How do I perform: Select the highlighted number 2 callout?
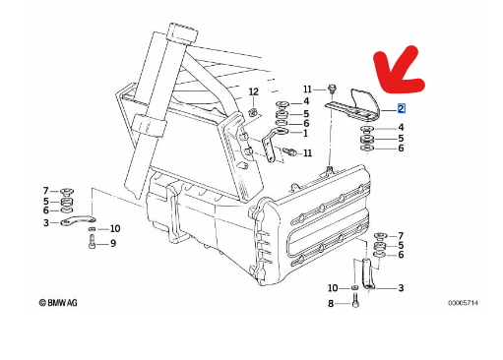point(402,108)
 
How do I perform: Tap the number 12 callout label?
point(254,91)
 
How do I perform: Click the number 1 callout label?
point(305,133)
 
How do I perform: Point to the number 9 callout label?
point(113,243)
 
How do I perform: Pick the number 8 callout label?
point(331,304)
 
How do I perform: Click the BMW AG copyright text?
point(58,302)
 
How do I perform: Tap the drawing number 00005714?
point(463,303)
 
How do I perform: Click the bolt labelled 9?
point(92,242)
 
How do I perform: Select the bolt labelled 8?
point(355,301)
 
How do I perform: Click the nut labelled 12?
point(253,112)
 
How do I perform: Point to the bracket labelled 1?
point(273,145)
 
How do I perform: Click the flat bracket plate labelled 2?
point(352,105)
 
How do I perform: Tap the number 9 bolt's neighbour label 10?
point(115,228)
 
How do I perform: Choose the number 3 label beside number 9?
point(46,223)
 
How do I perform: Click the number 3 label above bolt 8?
point(401,288)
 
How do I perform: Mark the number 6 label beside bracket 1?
point(306,123)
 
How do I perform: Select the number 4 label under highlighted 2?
point(401,127)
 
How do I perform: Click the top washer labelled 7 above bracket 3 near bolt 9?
point(67,191)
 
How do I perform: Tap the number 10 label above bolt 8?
point(333,288)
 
